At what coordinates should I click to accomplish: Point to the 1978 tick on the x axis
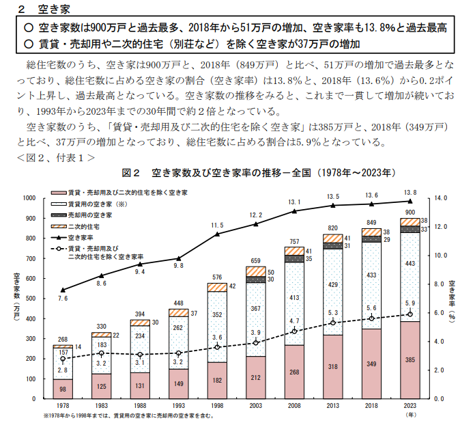[x=63, y=405]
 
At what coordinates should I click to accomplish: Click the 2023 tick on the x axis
[x=410, y=405]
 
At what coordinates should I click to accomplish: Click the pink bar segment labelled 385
[x=410, y=359]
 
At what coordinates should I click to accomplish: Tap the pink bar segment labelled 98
[x=63, y=388]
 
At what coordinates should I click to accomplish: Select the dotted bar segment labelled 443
[x=410, y=264]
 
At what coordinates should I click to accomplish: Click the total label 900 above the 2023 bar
[x=410, y=213]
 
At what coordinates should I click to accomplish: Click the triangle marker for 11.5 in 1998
[x=218, y=234]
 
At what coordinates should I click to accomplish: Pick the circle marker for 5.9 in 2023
[x=410, y=314]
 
